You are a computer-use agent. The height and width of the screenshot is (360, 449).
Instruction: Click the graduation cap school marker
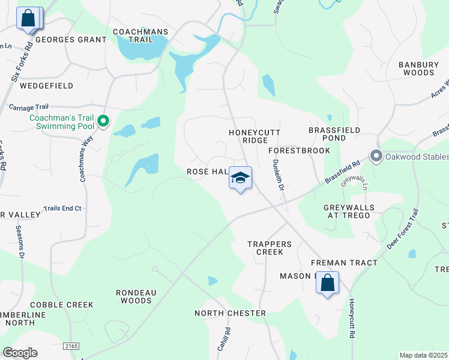[x=240, y=178]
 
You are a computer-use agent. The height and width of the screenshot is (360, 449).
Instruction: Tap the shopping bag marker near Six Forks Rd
[x=28, y=19]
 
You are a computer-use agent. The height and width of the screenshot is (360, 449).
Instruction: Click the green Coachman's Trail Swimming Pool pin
[x=103, y=121]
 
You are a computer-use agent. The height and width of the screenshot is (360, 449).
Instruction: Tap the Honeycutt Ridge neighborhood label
[x=247, y=136]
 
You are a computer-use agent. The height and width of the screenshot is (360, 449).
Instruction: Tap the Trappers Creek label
[x=270, y=248]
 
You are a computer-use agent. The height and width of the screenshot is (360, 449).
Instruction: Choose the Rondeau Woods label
[x=136, y=296]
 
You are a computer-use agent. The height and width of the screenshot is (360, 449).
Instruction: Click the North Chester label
[x=230, y=313]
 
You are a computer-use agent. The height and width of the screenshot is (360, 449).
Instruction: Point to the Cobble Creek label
[x=62, y=305]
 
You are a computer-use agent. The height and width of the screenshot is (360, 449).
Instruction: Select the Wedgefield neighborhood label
[x=46, y=86]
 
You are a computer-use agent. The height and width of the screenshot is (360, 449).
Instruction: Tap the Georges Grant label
[x=71, y=40]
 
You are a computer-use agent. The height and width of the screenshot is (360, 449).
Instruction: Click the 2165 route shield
[x=71, y=346]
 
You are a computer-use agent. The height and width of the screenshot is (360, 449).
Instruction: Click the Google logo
[x=20, y=353]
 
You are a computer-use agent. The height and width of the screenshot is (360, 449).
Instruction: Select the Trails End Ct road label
[x=62, y=208]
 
